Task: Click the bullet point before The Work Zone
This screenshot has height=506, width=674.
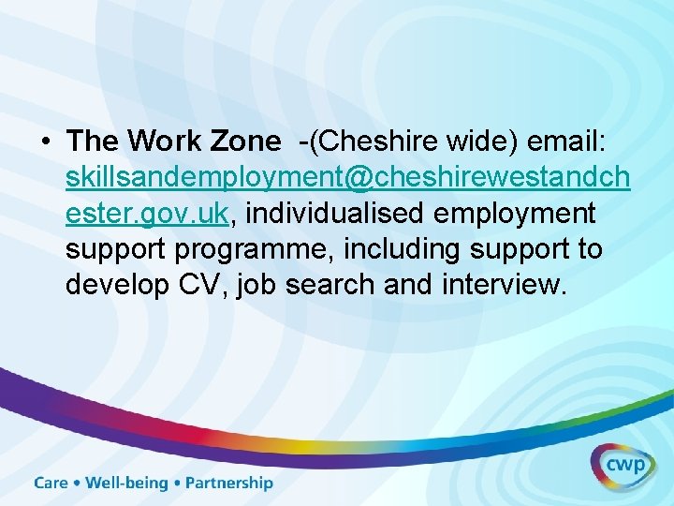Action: pyautogui.click(x=46, y=141)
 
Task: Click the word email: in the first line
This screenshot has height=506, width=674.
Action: pyautogui.click(x=568, y=141)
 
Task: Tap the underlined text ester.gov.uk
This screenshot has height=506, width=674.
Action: pyautogui.click(x=147, y=214)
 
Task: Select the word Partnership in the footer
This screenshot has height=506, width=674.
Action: pyautogui.click(x=229, y=484)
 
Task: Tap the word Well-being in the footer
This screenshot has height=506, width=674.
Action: pyautogui.click(x=127, y=484)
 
